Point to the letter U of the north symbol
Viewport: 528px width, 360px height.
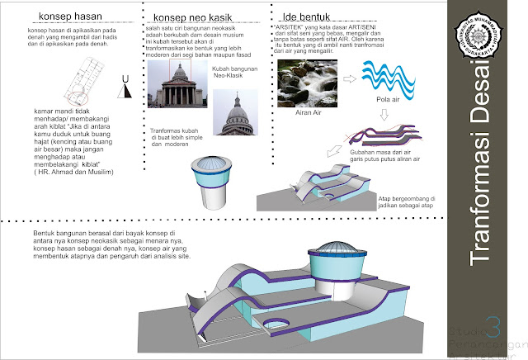tap(125, 79)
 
